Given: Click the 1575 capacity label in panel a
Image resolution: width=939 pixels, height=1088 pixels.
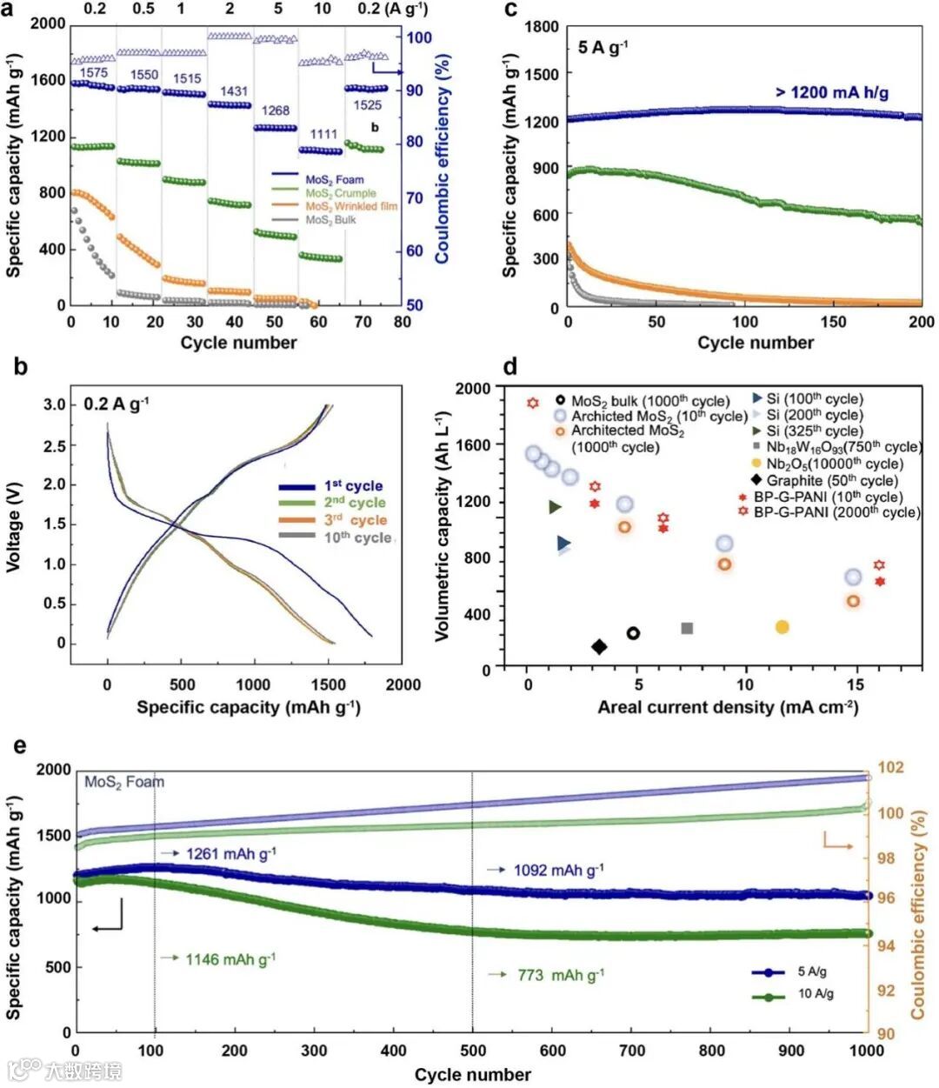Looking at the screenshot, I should point(93,74).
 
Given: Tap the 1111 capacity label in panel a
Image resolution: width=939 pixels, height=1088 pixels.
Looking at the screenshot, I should point(323,134).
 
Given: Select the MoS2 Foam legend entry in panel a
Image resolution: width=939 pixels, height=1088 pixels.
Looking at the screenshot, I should point(335,180).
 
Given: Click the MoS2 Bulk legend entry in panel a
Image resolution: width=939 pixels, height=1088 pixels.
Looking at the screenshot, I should point(330,221).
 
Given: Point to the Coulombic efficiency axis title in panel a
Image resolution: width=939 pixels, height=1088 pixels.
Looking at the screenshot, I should point(443,159).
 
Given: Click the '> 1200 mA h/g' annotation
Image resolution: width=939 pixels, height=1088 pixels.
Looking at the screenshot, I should point(832,92).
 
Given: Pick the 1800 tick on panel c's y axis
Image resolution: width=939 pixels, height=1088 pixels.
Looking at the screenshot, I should point(542,27).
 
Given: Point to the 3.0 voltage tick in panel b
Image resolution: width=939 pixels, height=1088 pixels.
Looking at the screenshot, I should point(79,405).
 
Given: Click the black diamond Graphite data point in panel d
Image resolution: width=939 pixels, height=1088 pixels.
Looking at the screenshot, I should point(599,646).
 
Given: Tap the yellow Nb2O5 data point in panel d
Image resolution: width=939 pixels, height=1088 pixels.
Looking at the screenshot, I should point(782,627).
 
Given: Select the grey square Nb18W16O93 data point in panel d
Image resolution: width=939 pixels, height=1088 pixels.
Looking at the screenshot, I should point(687,628).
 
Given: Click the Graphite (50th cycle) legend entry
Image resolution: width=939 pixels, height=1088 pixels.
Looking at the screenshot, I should point(831,480).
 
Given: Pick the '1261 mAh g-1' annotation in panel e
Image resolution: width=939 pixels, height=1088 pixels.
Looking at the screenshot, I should point(230,854).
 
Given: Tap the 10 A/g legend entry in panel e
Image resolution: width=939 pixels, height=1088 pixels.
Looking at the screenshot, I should point(816,994).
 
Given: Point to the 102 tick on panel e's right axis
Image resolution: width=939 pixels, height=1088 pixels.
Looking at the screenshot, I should point(891,768).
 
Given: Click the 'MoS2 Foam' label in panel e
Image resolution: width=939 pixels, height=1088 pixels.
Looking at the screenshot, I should point(124,782).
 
